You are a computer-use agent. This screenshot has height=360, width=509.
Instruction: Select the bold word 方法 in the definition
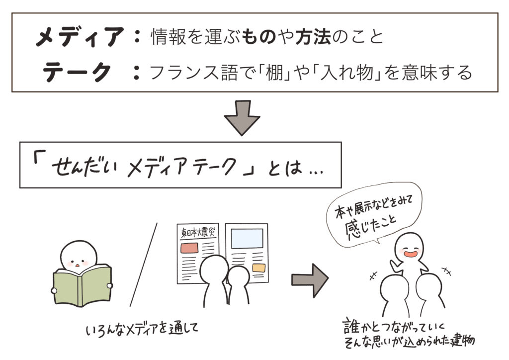point(313,37)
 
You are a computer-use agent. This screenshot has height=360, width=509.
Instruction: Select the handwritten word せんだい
point(85,169)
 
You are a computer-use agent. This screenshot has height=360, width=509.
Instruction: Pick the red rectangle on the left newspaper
point(189,248)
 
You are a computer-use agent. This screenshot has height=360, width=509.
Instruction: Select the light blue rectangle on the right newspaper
point(247,239)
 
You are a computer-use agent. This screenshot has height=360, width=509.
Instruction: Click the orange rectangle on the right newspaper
point(258,268)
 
